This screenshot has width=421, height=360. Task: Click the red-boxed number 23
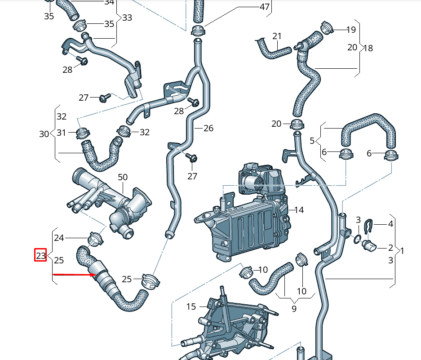click(41, 256)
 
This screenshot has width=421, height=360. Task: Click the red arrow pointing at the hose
click(74, 274)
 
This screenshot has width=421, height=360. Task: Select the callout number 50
click(123, 178)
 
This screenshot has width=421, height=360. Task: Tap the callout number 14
click(299, 209)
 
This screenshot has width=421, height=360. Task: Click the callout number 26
click(208, 129)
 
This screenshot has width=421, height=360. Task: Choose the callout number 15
click(191, 307)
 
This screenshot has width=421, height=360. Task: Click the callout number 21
click(277, 36)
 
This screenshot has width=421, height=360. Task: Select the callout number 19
click(351, 30)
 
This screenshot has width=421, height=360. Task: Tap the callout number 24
click(59, 238)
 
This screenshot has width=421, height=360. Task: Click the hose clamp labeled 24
click(95, 238)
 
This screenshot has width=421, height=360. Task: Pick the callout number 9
click(294, 309)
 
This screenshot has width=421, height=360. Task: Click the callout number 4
click(390, 223)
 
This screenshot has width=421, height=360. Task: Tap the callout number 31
click(61, 133)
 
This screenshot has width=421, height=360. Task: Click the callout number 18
click(368, 48)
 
